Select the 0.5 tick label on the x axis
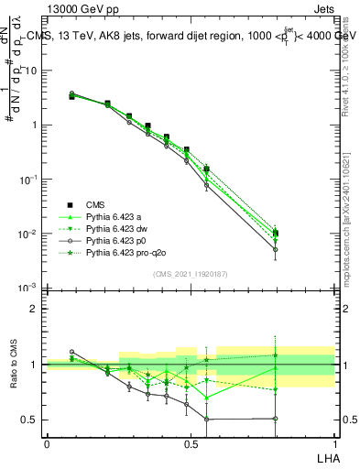click(191, 443)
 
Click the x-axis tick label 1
click(333, 443)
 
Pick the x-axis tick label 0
click(47, 443)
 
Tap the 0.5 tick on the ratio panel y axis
click(33, 420)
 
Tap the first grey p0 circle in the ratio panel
click(72, 352)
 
